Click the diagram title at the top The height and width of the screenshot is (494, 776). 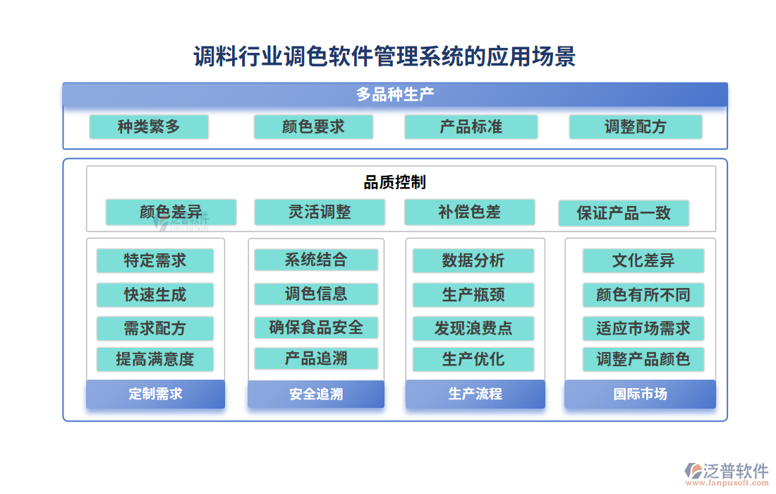384,56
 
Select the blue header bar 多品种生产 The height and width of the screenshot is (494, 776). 394,95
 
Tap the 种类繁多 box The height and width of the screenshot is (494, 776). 149,127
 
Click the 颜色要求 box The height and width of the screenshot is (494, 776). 313,127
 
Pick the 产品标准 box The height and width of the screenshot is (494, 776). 471,127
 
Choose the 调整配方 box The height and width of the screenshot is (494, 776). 635,127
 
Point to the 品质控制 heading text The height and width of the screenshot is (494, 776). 394,183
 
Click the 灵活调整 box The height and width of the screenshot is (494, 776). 320,212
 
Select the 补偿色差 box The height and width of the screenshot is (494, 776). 469,212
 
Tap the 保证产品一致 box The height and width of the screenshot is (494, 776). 623,213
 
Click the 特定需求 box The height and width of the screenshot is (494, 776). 154,260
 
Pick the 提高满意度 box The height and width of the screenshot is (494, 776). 154,359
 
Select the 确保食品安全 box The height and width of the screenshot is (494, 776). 316,327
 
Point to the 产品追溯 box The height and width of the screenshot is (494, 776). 316,359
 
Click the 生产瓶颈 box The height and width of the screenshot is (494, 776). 473,295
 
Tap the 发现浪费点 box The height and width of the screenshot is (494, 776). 473,328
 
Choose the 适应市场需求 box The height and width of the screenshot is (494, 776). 643,328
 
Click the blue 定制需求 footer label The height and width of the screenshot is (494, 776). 155,394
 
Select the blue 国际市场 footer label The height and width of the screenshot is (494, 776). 640,394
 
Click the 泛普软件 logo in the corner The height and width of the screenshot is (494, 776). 727,472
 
